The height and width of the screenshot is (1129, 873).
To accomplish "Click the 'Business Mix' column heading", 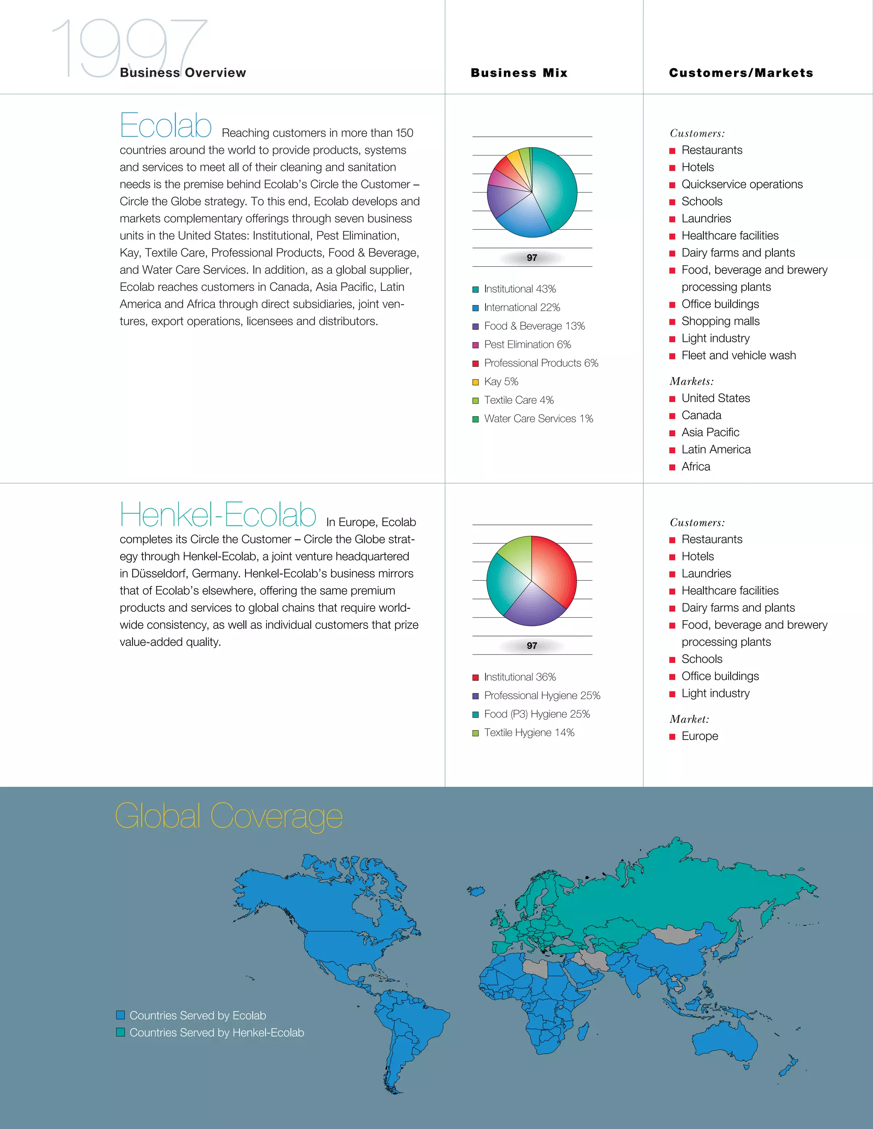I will tap(519, 73).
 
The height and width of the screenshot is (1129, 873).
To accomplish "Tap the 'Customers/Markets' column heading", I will tap(740, 73).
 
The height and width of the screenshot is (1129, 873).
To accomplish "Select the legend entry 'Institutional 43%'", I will tap(519, 289).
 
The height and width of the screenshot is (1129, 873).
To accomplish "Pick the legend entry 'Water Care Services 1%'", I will tap(538, 419).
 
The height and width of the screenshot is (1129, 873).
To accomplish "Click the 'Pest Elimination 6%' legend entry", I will tap(527, 344).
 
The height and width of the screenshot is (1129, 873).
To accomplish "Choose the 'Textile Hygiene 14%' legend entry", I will tap(529, 732).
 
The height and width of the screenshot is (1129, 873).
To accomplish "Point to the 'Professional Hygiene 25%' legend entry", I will tap(541, 695).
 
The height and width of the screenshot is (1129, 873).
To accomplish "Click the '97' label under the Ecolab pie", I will tap(532, 257).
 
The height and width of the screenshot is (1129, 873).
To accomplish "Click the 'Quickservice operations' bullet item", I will tap(742, 184).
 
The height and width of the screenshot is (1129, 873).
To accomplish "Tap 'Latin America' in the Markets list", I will tap(716, 450).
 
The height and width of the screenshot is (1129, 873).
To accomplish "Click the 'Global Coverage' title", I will tap(228, 817).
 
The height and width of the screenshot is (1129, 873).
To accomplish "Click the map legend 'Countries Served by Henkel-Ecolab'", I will tap(216, 1032).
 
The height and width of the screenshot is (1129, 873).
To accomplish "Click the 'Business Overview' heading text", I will tap(182, 73).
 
